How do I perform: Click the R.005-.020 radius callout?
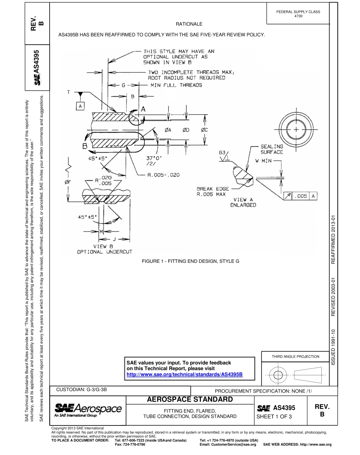tap(164, 175)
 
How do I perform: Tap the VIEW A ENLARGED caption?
tap(243, 202)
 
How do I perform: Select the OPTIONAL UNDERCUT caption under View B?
tap(105, 251)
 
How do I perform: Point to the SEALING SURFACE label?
tap(272, 149)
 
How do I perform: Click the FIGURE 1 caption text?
tap(191, 261)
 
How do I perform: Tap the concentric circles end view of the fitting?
tap(296, 129)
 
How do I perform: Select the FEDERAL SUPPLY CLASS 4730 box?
tap(298, 14)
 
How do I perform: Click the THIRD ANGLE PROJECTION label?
tap(295, 356)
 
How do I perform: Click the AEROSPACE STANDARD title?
tap(189, 399)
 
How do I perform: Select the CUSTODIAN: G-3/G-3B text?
tap(84, 390)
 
